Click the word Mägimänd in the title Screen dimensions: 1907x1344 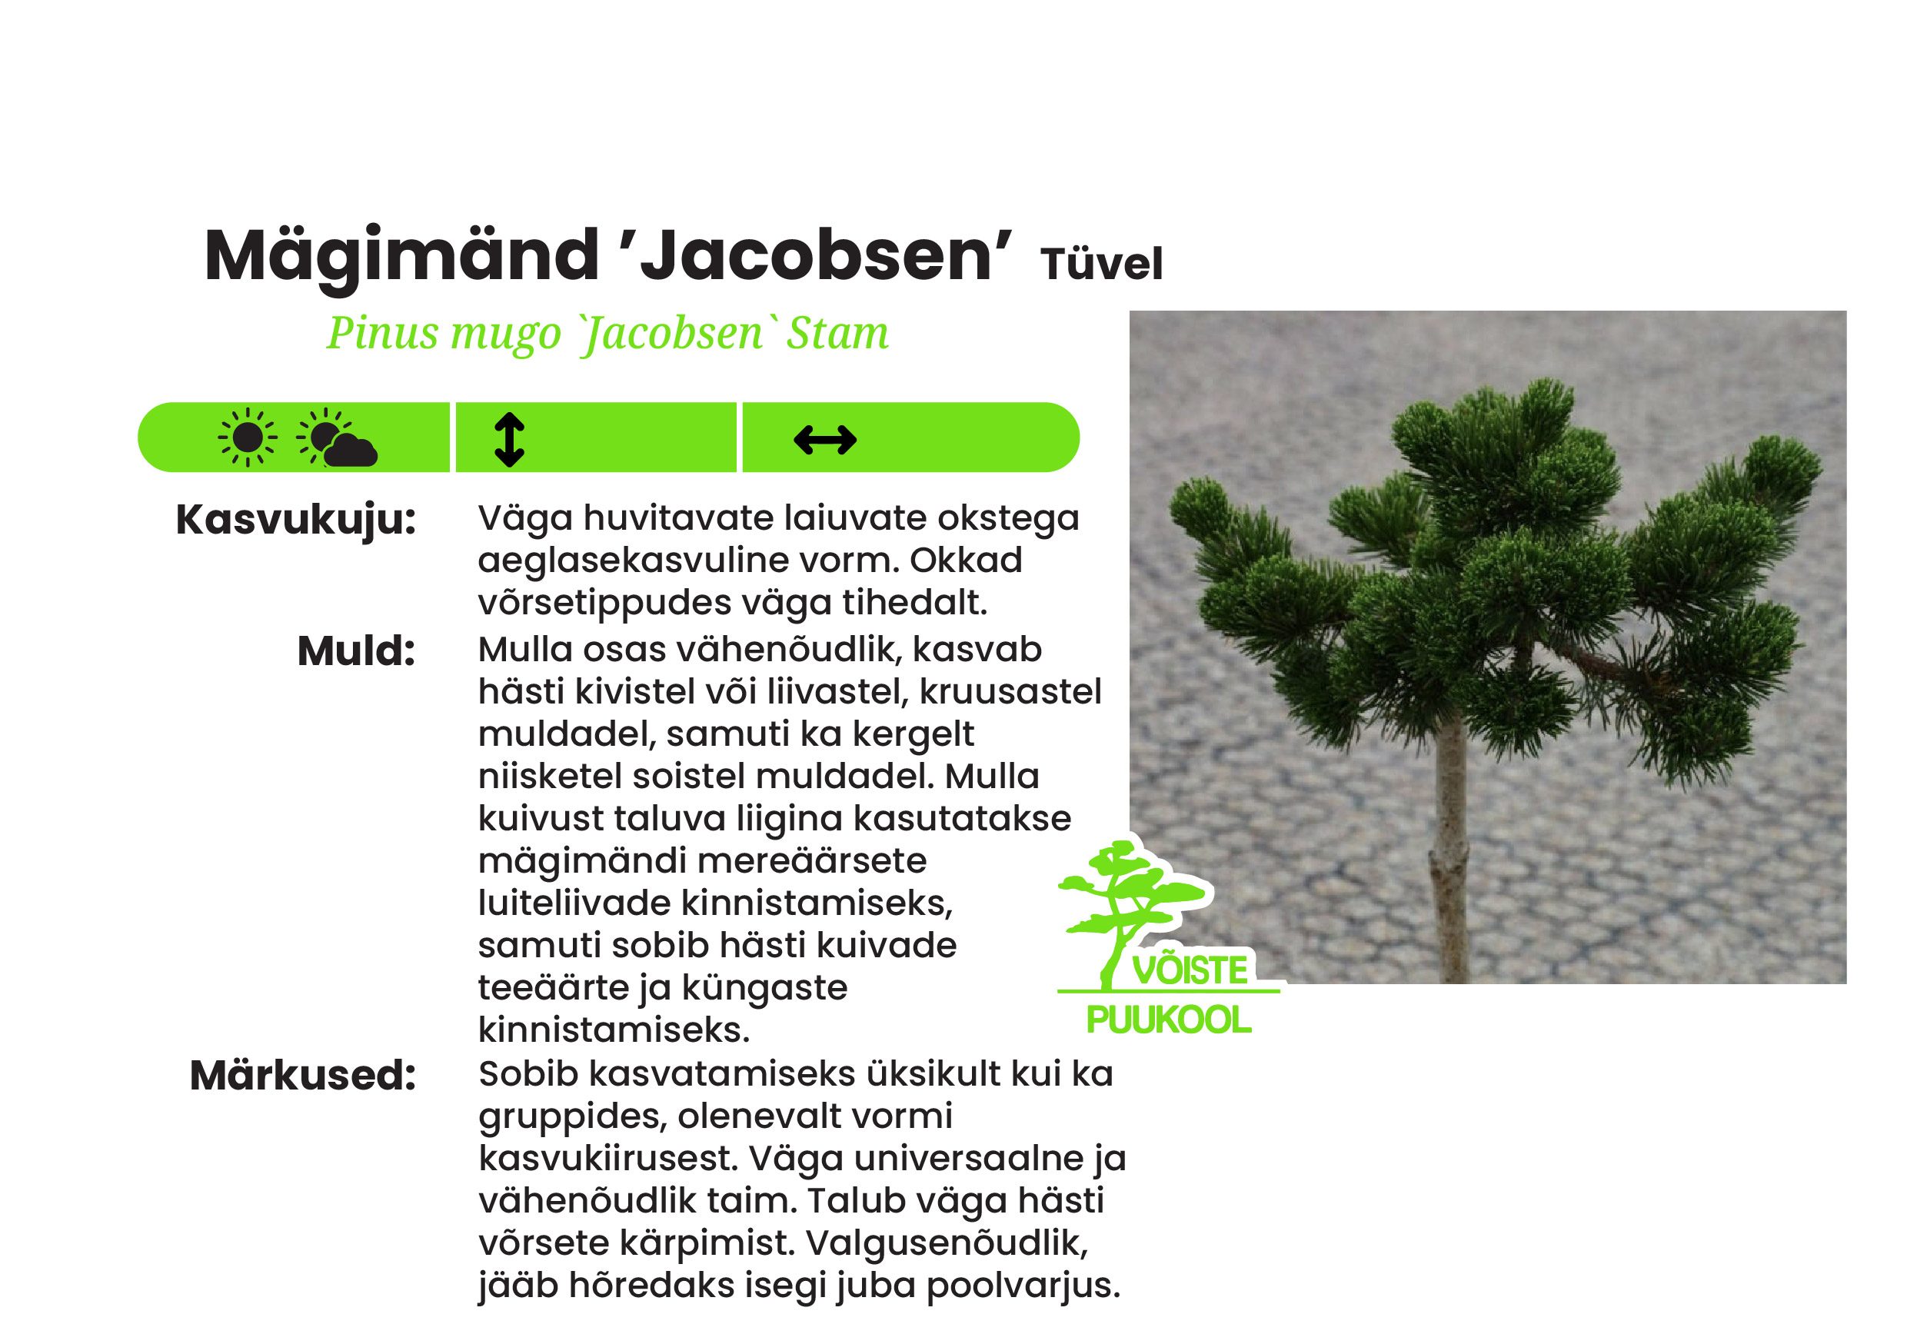click(402, 258)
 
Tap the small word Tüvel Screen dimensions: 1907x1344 click(1101, 265)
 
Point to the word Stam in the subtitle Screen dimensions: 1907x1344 click(838, 334)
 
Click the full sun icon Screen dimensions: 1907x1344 click(247, 437)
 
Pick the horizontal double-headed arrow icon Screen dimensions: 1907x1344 click(825, 440)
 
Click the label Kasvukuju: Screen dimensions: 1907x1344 click(296, 520)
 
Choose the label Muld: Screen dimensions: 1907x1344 click(356, 651)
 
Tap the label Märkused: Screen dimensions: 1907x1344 click(302, 1076)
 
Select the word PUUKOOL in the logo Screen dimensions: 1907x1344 click(1168, 1021)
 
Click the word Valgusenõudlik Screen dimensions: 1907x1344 click(947, 1243)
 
